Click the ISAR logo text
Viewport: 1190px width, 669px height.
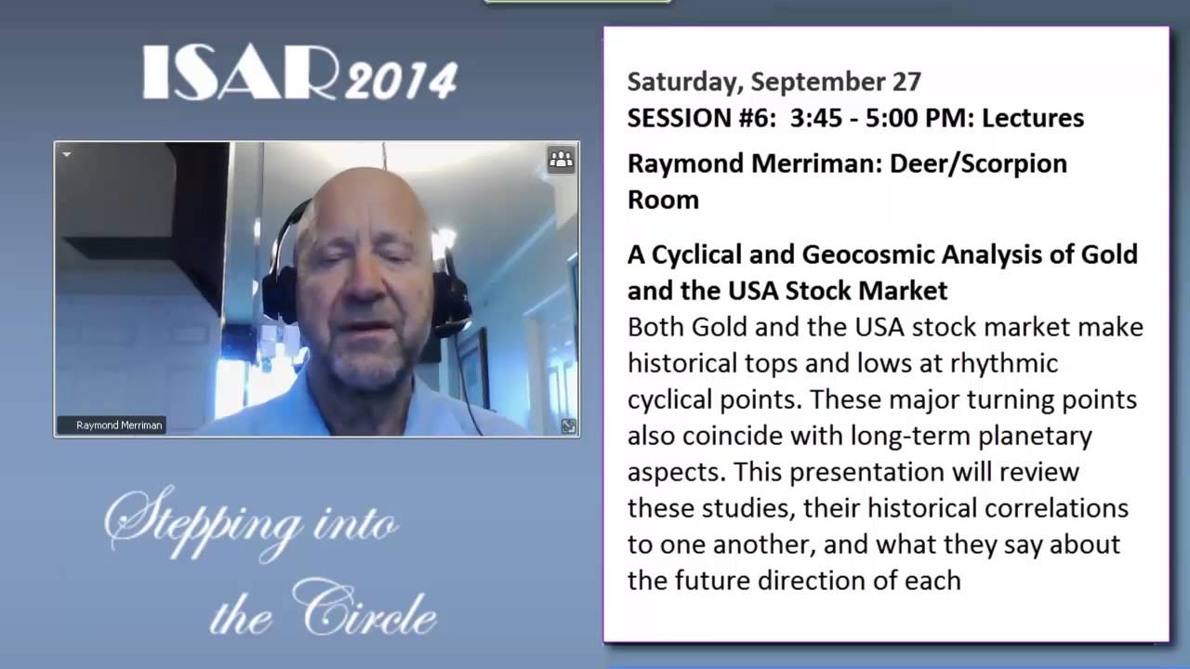click(x=240, y=72)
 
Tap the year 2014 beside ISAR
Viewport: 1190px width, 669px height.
click(x=401, y=81)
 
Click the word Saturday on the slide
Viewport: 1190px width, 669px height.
click(x=683, y=82)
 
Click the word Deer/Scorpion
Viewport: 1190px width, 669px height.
click(x=978, y=164)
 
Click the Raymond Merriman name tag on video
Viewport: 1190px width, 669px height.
click(x=118, y=426)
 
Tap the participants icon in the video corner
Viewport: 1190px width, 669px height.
click(x=562, y=160)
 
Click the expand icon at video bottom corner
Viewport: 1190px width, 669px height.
click(x=568, y=426)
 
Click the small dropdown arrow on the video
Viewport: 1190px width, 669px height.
click(x=67, y=154)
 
